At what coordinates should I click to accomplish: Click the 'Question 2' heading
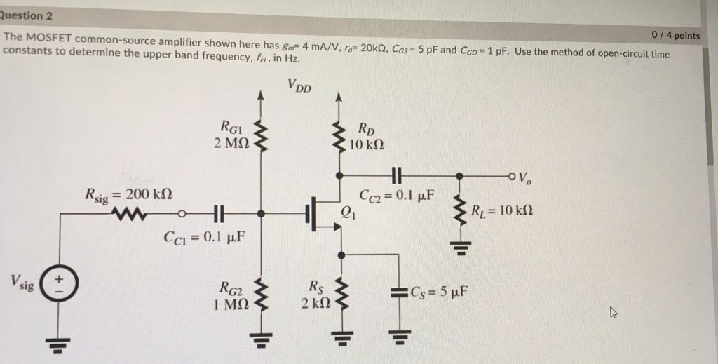tap(27, 15)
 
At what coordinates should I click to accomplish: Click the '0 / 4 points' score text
tap(675, 35)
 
